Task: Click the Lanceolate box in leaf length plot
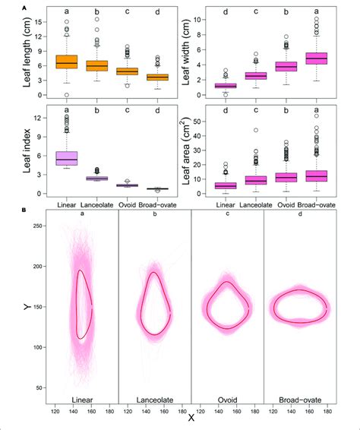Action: pos(96,65)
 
